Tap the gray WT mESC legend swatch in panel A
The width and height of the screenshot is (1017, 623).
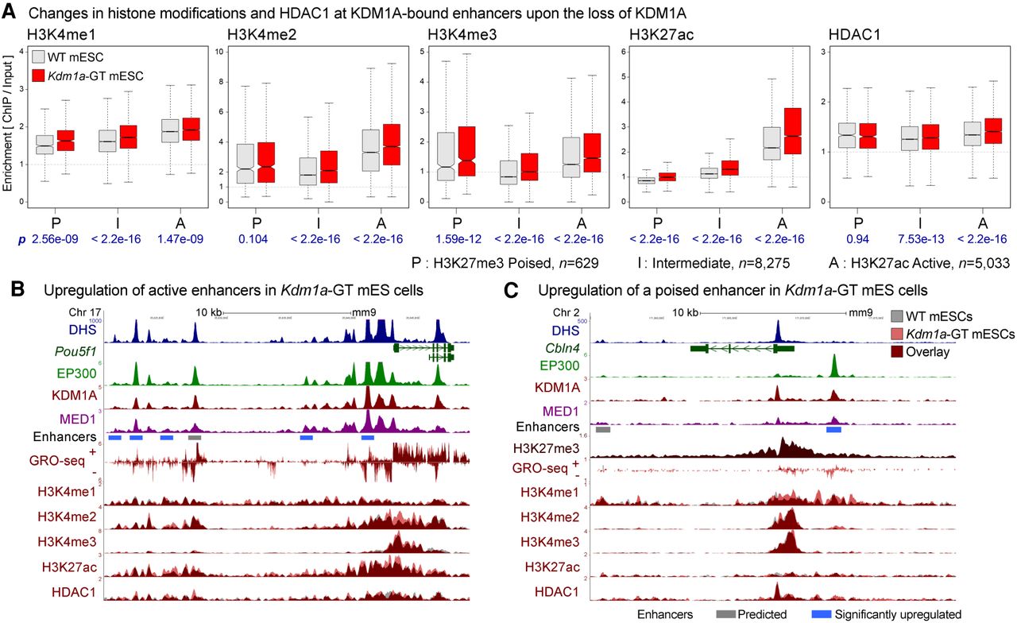pos(40,56)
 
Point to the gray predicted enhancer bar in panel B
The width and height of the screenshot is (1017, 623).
pos(195,437)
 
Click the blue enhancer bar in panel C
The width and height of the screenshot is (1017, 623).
pos(833,429)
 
